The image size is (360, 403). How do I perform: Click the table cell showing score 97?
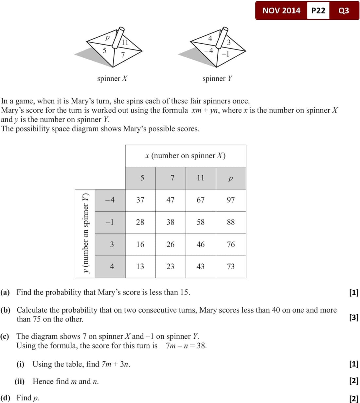(231, 200)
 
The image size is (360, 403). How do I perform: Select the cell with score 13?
(140, 267)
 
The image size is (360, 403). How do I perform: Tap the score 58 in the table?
(201, 222)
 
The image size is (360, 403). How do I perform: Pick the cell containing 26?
(171, 244)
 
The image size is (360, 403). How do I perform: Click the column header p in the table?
(231, 178)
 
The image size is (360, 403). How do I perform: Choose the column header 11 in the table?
(201, 178)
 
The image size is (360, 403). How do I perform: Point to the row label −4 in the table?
(110, 200)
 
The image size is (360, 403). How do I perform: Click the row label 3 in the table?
(112, 244)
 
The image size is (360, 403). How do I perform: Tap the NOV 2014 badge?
(281, 10)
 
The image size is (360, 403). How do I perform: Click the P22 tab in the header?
(318, 10)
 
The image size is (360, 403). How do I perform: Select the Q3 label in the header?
(344, 10)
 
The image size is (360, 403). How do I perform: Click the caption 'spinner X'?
(112, 79)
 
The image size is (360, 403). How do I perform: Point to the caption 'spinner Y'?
(217, 79)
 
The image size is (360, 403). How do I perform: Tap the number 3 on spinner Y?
(229, 42)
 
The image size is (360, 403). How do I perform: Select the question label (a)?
(5, 292)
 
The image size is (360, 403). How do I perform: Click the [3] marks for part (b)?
(354, 317)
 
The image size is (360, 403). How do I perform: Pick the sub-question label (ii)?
(20, 381)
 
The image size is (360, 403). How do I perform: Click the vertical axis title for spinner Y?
(85, 233)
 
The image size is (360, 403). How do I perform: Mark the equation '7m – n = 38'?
(186, 346)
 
